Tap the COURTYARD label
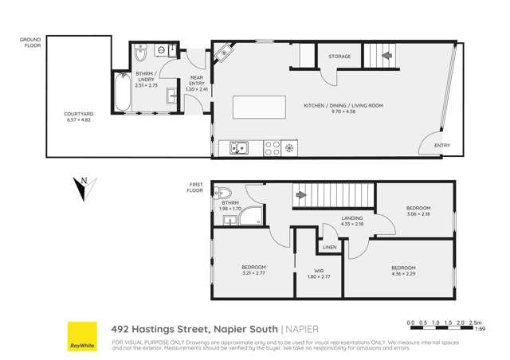click(x=78, y=114)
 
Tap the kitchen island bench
click(x=258, y=107)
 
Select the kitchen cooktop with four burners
click(x=272, y=147)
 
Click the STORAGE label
click(x=339, y=57)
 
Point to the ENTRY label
click(x=441, y=146)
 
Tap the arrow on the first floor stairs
click(x=300, y=194)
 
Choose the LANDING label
click(x=351, y=217)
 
